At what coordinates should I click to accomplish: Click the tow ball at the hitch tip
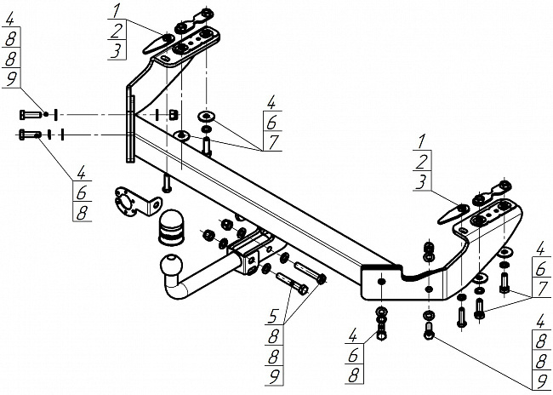[172, 265]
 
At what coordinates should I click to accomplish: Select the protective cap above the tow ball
[171, 227]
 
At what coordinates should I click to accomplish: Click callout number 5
[274, 316]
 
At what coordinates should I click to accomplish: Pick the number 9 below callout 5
[274, 376]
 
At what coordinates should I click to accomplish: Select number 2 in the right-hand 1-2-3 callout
[421, 162]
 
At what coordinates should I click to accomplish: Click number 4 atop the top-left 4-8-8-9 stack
[10, 18]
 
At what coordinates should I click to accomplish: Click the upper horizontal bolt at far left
[31, 114]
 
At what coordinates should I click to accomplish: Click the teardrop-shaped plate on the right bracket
[453, 214]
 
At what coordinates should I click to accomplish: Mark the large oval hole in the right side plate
[382, 281]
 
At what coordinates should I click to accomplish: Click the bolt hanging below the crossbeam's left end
[167, 183]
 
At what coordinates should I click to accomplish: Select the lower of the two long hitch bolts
[293, 283]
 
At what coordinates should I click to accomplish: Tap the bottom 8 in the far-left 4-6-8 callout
[82, 213]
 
